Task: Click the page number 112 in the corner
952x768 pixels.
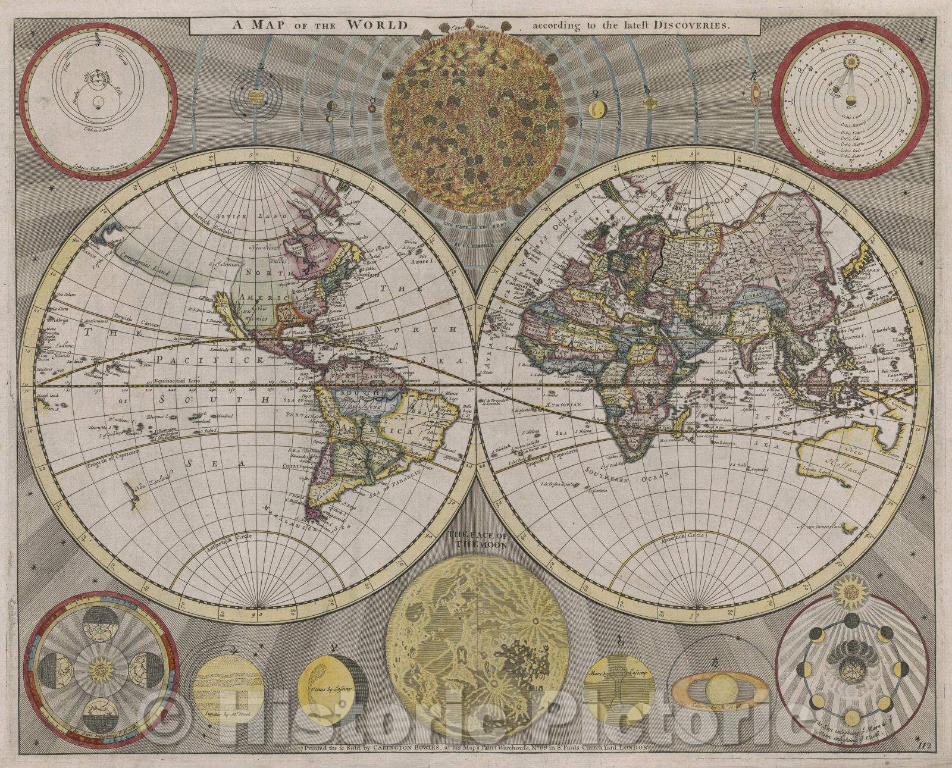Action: pos(936,743)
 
